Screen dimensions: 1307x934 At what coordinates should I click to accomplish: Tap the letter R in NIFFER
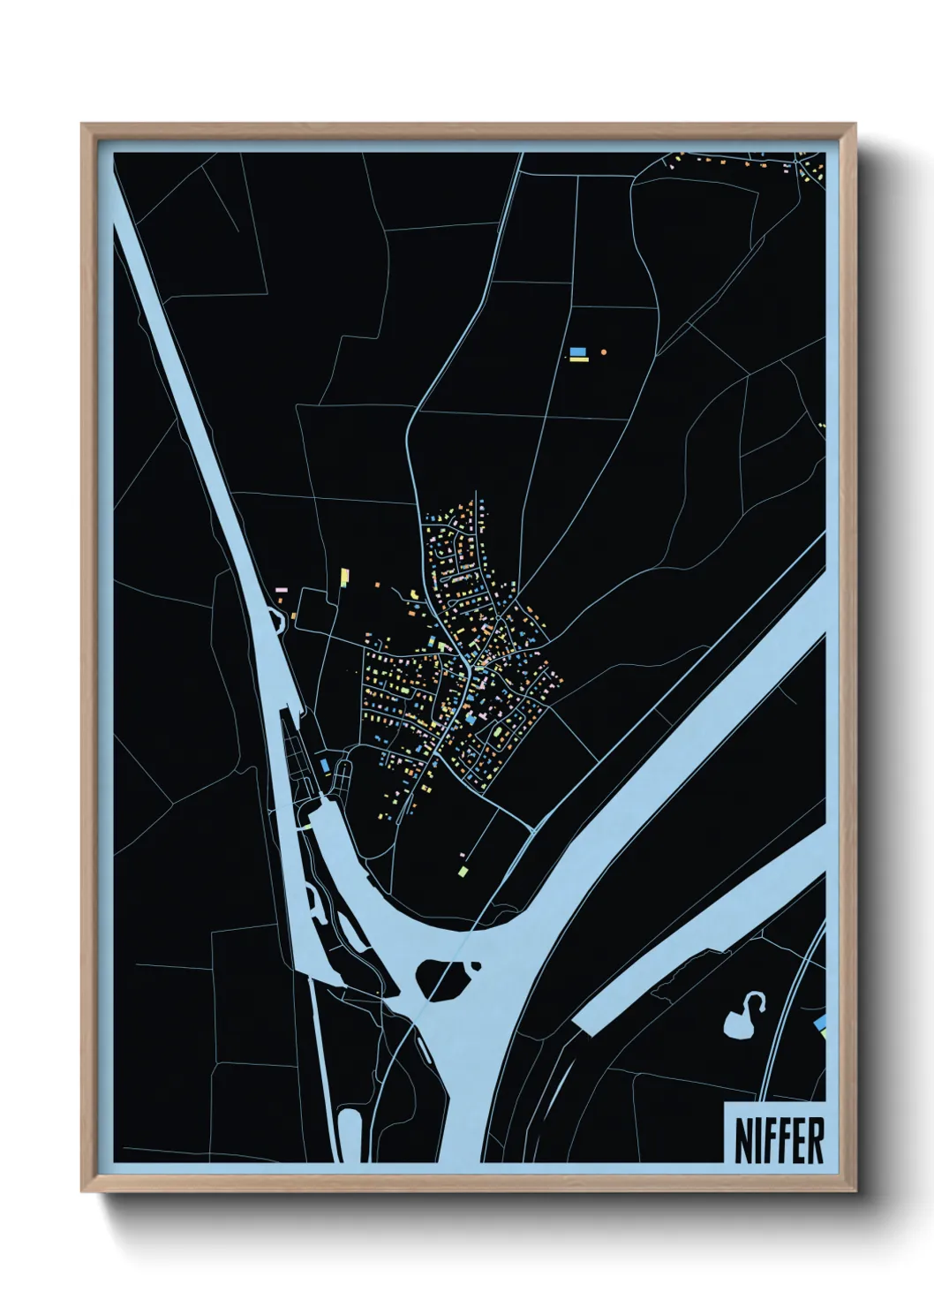(815, 1140)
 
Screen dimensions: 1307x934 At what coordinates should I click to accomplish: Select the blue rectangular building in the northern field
(577, 351)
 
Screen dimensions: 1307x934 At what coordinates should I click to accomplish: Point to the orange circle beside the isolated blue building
(604, 351)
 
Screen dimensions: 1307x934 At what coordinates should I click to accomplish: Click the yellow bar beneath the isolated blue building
(577, 360)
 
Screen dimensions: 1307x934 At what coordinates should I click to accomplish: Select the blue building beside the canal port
(325, 765)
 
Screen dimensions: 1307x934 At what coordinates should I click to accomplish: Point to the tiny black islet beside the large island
(477, 965)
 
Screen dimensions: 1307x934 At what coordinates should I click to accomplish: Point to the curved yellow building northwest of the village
(412, 595)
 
